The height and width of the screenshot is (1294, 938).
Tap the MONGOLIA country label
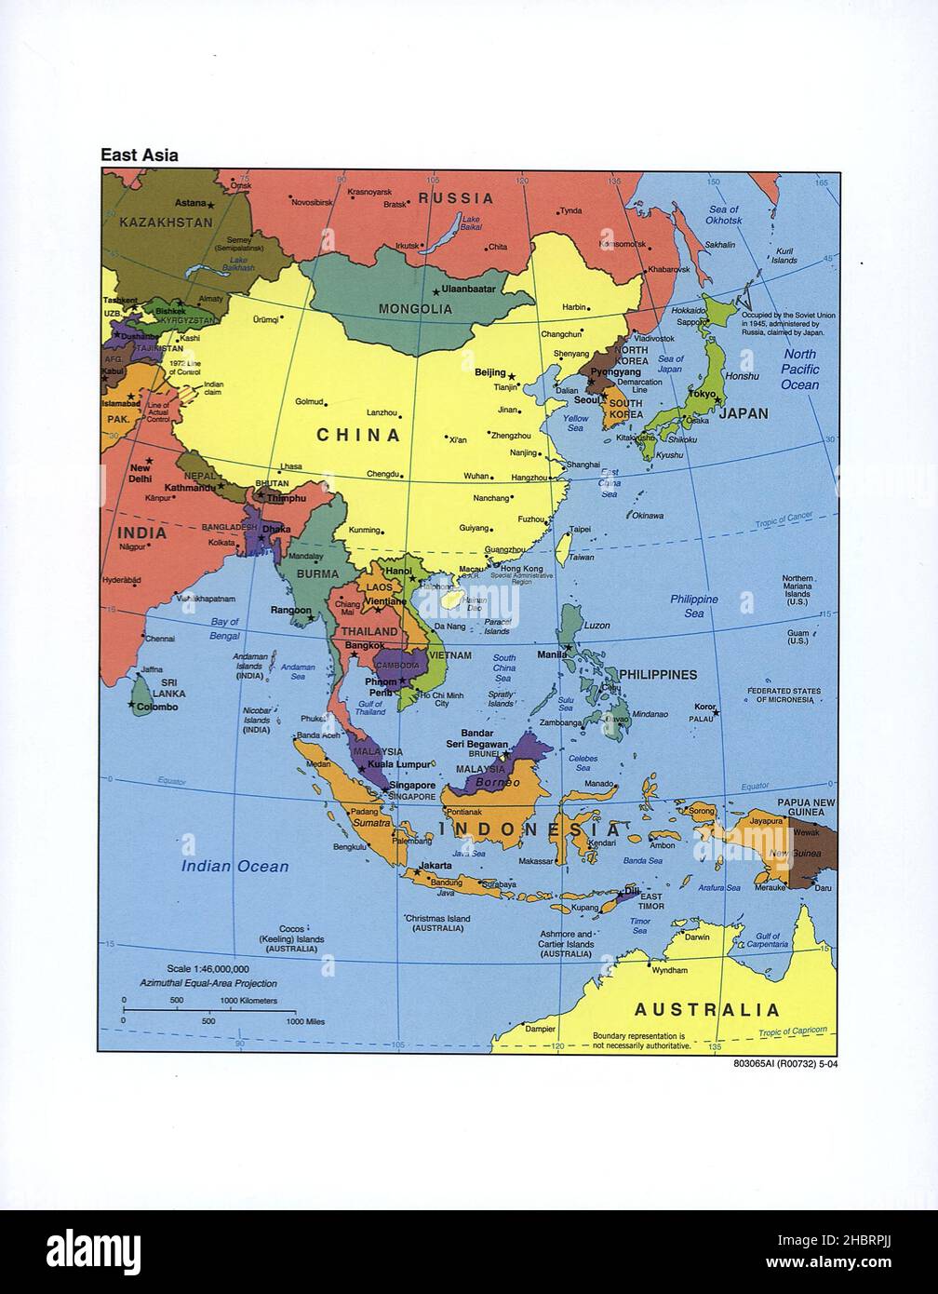point(415,309)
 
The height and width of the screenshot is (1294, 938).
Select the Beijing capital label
point(489,372)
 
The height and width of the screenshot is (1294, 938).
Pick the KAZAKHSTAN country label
point(166,222)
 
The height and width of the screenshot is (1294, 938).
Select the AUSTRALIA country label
point(706,1009)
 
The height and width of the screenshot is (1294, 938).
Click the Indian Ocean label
point(234,866)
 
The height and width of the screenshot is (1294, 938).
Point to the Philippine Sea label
point(693,606)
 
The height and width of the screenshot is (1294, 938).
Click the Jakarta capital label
point(435,865)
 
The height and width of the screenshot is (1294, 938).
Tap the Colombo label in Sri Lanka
point(157,708)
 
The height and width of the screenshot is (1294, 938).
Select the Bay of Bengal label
point(224,628)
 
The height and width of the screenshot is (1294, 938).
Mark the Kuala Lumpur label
point(399,764)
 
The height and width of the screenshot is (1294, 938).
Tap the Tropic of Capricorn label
point(792,1031)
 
